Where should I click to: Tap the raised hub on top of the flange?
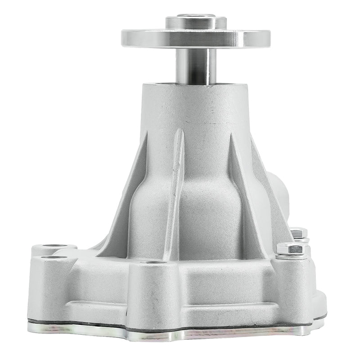[196, 22]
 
